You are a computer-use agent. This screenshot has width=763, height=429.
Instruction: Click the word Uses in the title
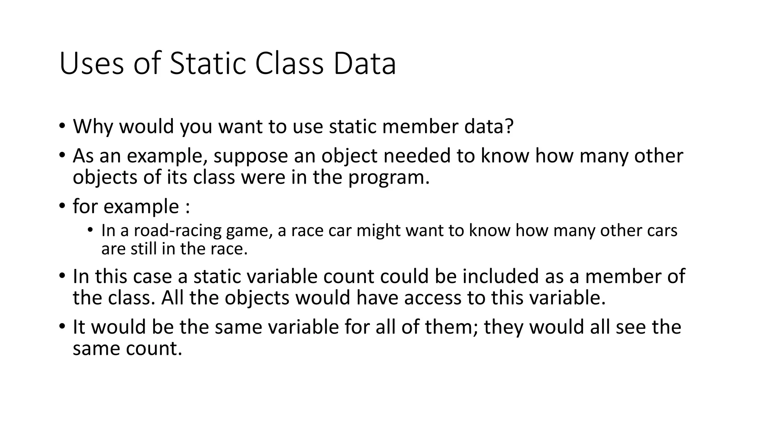91,64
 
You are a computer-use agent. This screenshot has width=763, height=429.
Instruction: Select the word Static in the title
206,64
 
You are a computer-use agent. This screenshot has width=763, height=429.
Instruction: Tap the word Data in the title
364,64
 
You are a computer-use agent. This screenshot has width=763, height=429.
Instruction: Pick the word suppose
251,156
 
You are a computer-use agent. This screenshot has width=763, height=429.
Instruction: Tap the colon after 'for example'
187,207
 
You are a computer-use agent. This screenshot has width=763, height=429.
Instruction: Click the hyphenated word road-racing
177,231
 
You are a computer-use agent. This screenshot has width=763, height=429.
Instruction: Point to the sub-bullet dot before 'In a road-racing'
90,230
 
